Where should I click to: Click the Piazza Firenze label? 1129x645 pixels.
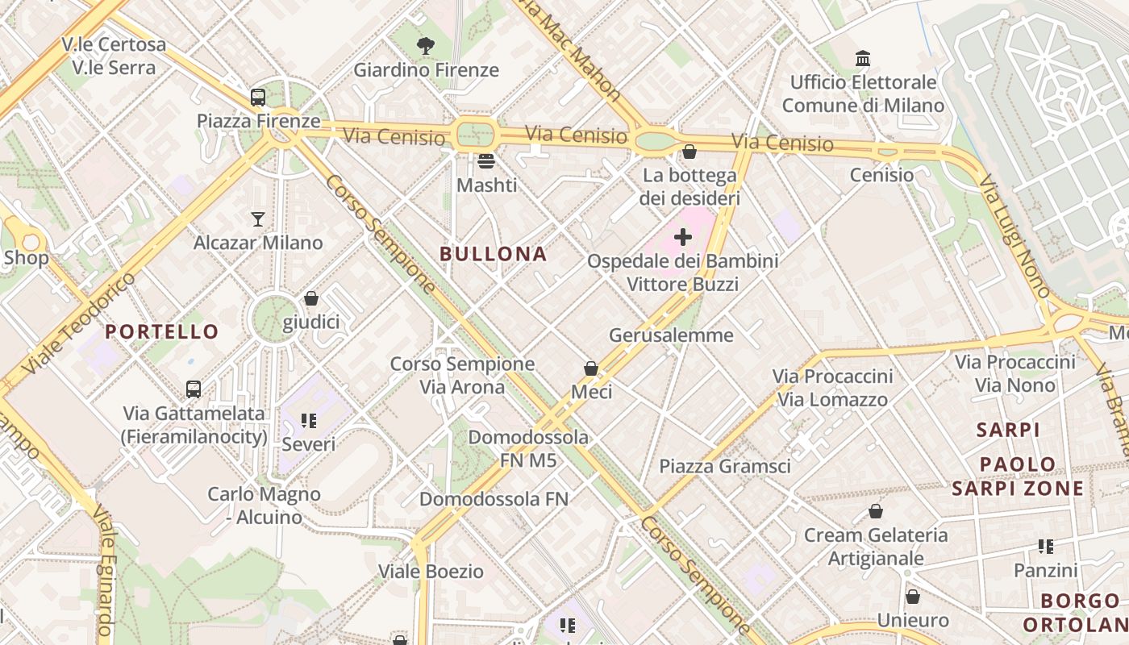click(x=258, y=122)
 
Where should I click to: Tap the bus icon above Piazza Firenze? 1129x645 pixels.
click(x=258, y=98)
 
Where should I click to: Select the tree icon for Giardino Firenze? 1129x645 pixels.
click(x=426, y=46)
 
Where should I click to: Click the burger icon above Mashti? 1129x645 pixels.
click(x=486, y=161)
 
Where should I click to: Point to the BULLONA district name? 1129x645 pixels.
click(x=494, y=254)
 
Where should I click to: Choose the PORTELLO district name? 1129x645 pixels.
click(x=161, y=331)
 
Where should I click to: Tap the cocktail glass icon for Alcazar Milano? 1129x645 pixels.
click(x=258, y=219)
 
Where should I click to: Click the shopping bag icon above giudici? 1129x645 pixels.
click(x=311, y=299)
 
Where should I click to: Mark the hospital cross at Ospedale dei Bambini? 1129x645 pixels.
click(x=683, y=237)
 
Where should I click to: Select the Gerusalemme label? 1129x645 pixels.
click(x=671, y=335)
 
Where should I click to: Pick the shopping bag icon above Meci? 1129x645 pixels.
click(x=591, y=368)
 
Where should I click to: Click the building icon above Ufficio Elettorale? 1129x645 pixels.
click(x=863, y=59)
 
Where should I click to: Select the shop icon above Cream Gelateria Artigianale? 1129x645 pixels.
click(x=876, y=512)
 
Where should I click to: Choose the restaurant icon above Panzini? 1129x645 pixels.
click(x=1046, y=547)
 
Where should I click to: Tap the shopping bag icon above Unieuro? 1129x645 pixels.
click(x=913, y=597)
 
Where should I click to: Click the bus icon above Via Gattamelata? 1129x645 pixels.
click(x=194, y=389)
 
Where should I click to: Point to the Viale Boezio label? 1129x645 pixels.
click(x=431, y=572)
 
